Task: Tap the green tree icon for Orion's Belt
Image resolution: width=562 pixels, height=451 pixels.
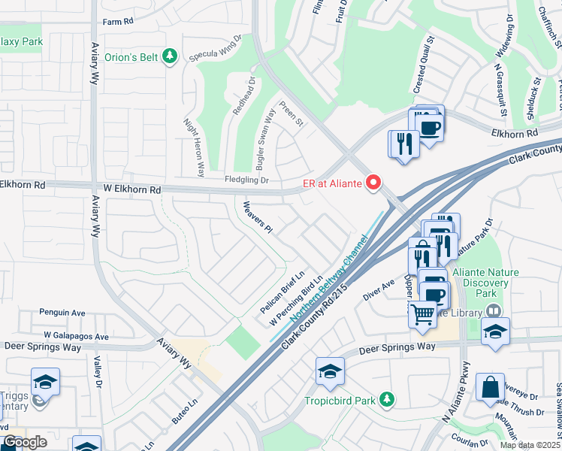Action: coord(171,56)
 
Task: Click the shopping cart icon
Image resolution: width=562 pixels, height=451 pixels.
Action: coord(423,314)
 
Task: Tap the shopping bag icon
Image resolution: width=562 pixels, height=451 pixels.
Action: coord(490,388)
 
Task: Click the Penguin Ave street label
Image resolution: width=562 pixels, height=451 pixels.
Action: coord(62,312)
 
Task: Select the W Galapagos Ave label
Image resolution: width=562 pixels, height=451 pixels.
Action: coord(76,336)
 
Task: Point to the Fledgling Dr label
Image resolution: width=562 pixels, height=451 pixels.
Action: coord(246,180)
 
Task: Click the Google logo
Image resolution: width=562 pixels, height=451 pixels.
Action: coord(25,442)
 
